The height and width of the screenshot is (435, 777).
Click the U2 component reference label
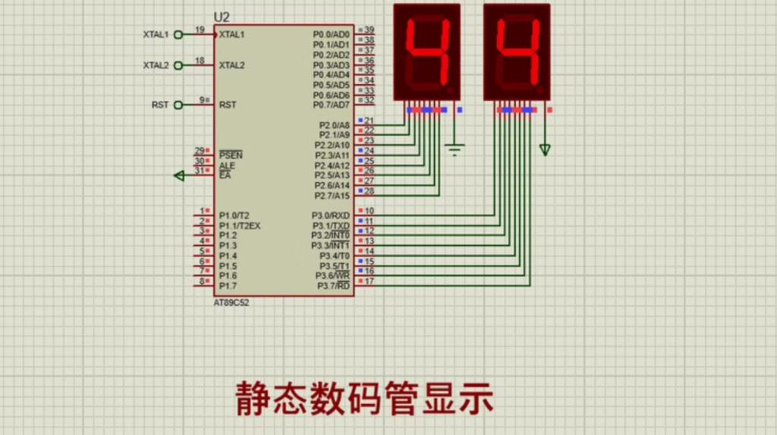click(x=221, y=17)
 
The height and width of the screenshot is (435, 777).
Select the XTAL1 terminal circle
click(x=178, y=34)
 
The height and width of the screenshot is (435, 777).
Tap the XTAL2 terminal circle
click(x=178, y=65)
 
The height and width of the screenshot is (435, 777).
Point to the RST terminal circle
click(x=178, y=105)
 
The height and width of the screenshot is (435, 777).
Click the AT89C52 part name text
click(x=231, y=302)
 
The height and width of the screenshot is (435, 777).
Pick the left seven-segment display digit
click(x=426, y=52)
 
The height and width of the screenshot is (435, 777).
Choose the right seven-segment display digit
click(x=517, y=52)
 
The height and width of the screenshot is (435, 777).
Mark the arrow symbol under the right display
click(x=545, y=150)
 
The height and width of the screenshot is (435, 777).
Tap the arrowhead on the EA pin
click(x=179, y=175)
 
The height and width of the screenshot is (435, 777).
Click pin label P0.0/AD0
click(x=331, y=35)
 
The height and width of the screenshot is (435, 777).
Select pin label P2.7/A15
click(x=332, y=195)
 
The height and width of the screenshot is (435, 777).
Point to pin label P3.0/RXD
click(x=331, y=216)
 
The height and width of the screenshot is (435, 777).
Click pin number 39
click(x=369, y=30)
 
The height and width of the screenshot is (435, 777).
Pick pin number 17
click(x=370, y=281)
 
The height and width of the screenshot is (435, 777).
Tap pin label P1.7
click(x=228, y=286)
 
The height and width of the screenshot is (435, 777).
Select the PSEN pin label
click(x=231, y=154)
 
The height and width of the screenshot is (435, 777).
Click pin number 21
click(x=370, y=121)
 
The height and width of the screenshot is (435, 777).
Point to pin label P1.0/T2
click(x=233, y=216)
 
